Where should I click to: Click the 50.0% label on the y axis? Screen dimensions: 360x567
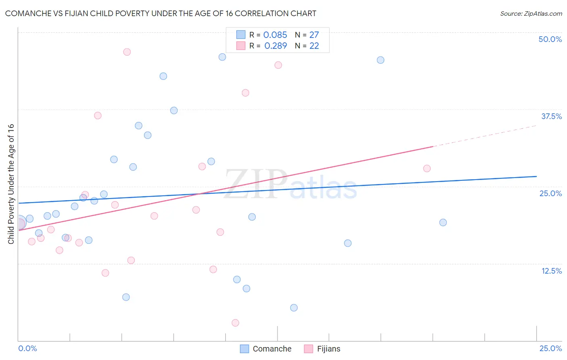pyautogui.click(x=550, y=39)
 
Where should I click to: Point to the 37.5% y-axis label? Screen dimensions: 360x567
pyautogui.click(x=551, y=116)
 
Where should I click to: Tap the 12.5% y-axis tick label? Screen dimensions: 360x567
pyautogui.click(x=551, y=271)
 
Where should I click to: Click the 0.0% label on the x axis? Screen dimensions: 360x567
pyautogui.click(x=27, y=348)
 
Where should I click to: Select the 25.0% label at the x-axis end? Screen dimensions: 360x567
pyautogui.click(x=550, y=348)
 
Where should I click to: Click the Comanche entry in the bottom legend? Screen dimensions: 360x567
pyautogui.click(x=271, y=349)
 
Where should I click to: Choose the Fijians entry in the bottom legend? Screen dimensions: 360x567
pyautogui.click(x=328, y=349)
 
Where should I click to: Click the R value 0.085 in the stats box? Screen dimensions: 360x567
pyautogui.click(x=275, y=35)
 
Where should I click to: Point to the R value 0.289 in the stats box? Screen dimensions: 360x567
pyautogui.click(x=275, y=46)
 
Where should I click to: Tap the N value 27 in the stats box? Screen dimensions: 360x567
pyautogui.click(x=314, y=35)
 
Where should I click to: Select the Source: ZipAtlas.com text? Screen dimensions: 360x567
pyautogui.click(x=531, y=13)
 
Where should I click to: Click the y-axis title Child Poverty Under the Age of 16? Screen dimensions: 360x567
pyautogui.click(x=11, y=184)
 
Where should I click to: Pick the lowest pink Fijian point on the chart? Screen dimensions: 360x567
pyautogui.click(x=236, y=323)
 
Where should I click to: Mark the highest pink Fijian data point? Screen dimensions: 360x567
pyautogui.click(x=127, y=52)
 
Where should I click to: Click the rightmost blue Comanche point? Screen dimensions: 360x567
pyautogui.click(x=443, y=222)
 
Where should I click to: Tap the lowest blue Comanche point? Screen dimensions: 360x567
pyautogui.click(x=294, y=308)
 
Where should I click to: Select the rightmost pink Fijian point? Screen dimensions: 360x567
pyautogui.click(x=427, y=168)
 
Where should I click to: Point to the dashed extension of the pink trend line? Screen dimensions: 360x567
pyautogui.click(x=484, y=136)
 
